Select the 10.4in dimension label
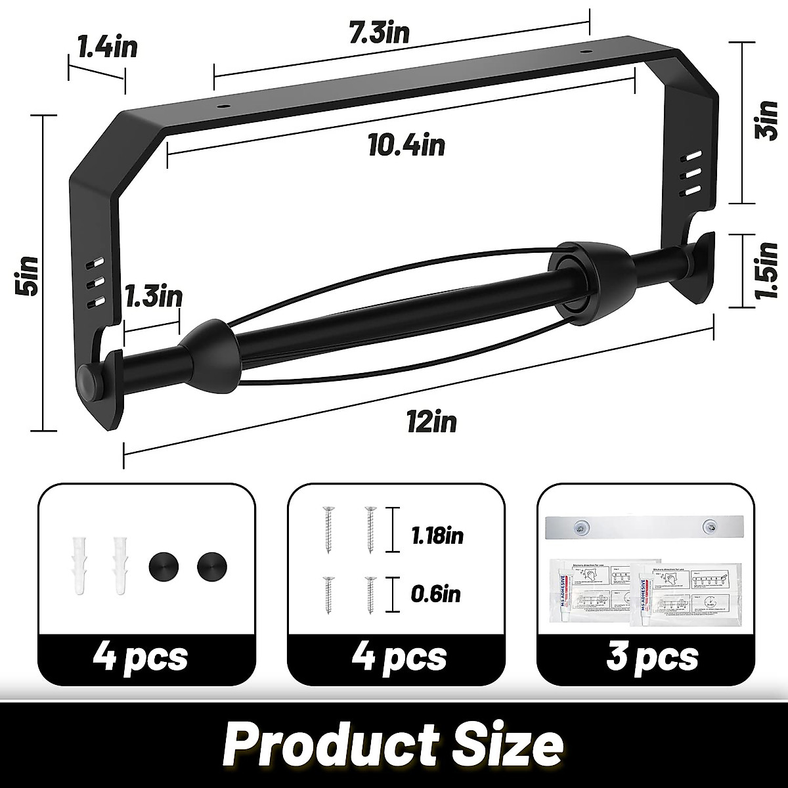[406, 145]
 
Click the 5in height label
[30, 276]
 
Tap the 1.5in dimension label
[766, 271]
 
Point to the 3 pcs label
[642, 656]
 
